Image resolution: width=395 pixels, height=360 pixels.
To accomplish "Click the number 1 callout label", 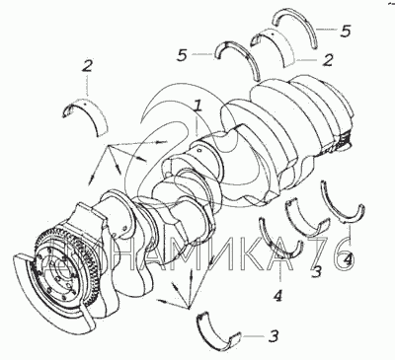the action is pos(197,107).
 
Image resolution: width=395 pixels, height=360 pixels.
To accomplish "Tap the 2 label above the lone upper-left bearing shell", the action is pos(86,66).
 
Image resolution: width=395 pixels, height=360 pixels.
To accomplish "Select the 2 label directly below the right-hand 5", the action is pos(328,60).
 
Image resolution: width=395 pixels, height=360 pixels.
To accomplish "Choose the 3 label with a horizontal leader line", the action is pos(274,336).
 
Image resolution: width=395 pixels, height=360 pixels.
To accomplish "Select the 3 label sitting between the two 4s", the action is pos(316,272).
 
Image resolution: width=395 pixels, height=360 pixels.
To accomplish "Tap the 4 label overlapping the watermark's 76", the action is pos(349,260).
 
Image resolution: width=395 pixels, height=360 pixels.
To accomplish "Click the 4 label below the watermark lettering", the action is pos(277,297).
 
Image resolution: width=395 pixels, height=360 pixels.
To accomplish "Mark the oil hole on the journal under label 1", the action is pos(198,150).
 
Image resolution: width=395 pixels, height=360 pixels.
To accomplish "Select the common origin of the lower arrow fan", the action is pos(189,308).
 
